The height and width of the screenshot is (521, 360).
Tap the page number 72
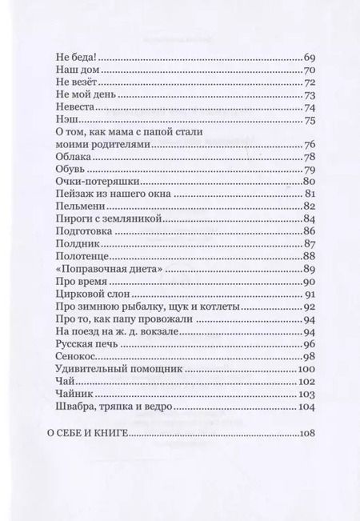tap(311, 82)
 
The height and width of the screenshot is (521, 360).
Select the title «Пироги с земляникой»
tap(96, 217)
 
